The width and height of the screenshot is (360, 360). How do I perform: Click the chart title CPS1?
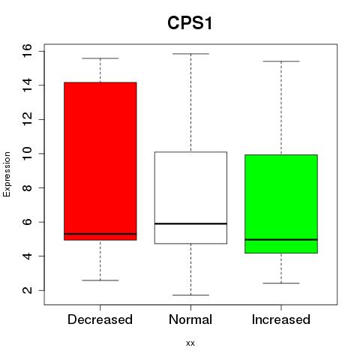pos(190,23)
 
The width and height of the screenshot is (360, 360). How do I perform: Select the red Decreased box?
pos(100,161)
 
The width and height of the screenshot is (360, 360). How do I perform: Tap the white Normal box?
pos(190,197)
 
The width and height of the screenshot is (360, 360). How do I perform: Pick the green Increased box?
pos(281,204)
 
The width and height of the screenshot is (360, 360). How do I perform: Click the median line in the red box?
pos(100,234)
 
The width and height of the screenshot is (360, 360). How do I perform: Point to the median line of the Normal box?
pos(190,223)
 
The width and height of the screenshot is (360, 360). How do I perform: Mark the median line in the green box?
pos(281,239)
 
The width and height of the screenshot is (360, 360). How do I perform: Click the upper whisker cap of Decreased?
pos(100,58)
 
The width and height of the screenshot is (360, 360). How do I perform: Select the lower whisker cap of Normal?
pos(190,295)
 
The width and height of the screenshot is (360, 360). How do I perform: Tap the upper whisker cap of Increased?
pos(281,61)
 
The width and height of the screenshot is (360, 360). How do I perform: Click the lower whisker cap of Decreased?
pos(100,280)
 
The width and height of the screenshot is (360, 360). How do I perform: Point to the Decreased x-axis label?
pos(100,319)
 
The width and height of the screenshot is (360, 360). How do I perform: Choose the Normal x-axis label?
pos(190,319)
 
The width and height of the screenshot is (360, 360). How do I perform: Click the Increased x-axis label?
pos(281,319)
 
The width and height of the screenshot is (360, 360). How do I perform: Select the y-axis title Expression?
pos(7,174)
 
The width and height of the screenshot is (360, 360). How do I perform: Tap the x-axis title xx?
pos(190,343)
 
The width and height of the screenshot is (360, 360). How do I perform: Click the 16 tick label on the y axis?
pos(27,51)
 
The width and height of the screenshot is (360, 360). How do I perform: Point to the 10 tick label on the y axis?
pos(27,154)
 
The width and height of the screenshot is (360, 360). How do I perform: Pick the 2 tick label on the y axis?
pos(27,290)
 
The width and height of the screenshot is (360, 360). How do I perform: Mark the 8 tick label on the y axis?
pos(27,187)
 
